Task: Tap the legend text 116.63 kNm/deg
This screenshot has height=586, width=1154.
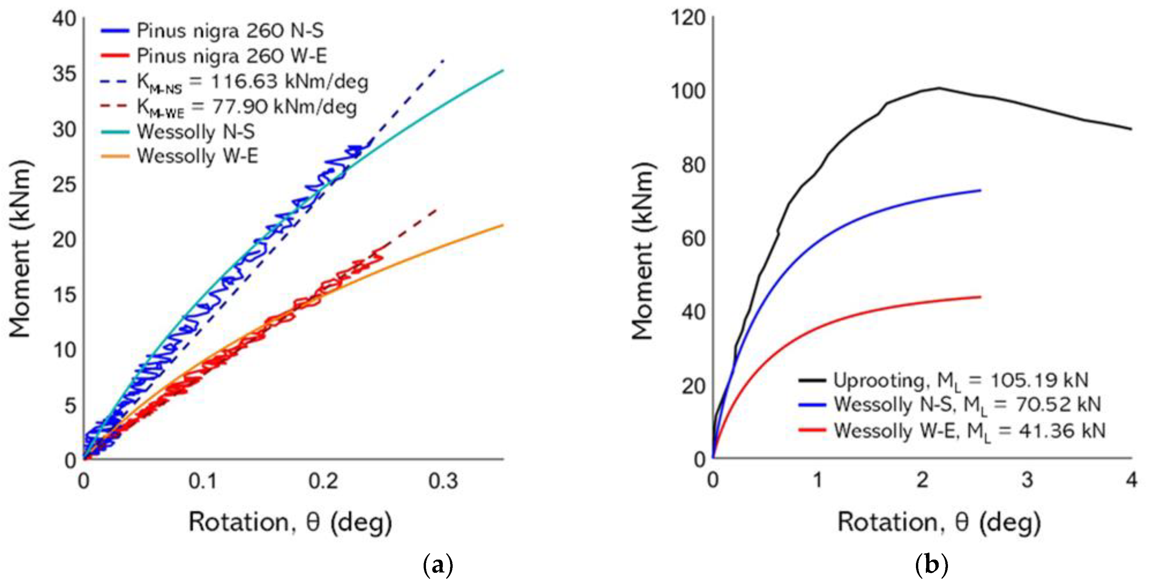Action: click(289, 82)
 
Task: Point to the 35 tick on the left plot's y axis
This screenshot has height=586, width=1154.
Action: click(64, 74)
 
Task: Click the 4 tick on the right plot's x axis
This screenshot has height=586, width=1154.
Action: click(1132, 480)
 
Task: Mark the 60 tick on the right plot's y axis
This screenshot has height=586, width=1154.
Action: click(693, 238)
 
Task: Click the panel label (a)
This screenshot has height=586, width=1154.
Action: click(438, 566)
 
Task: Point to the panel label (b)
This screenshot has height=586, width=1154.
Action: click(931, 566)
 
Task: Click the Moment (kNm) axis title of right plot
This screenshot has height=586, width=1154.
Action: click(643, 251)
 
